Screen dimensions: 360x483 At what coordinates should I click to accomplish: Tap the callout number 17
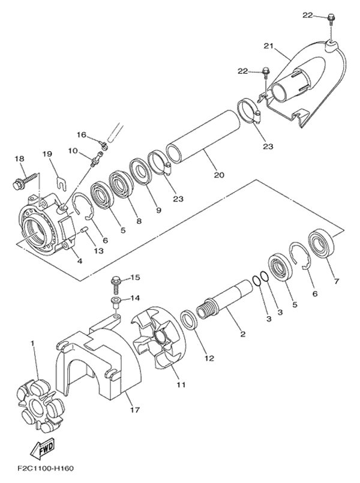coord(135,410)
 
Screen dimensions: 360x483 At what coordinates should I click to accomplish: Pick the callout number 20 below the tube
coord(219,175)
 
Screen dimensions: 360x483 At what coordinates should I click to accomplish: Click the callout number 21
coord(268,46)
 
